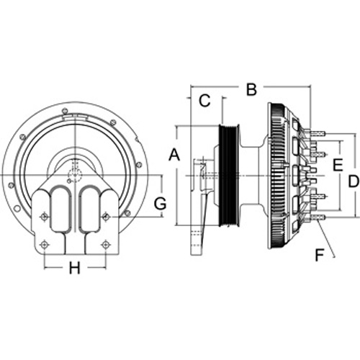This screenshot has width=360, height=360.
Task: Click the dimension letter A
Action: point(174,155)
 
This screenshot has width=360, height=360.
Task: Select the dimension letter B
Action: point(251,89)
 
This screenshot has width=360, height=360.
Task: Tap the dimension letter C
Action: point(204,101)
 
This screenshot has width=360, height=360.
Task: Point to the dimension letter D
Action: point(354,181)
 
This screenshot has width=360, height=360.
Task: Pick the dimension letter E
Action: point(338,165)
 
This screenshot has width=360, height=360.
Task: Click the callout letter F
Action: point(320,255)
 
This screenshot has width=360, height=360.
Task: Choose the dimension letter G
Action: point(160,204)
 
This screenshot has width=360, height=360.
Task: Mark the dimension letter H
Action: point(75,268)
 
